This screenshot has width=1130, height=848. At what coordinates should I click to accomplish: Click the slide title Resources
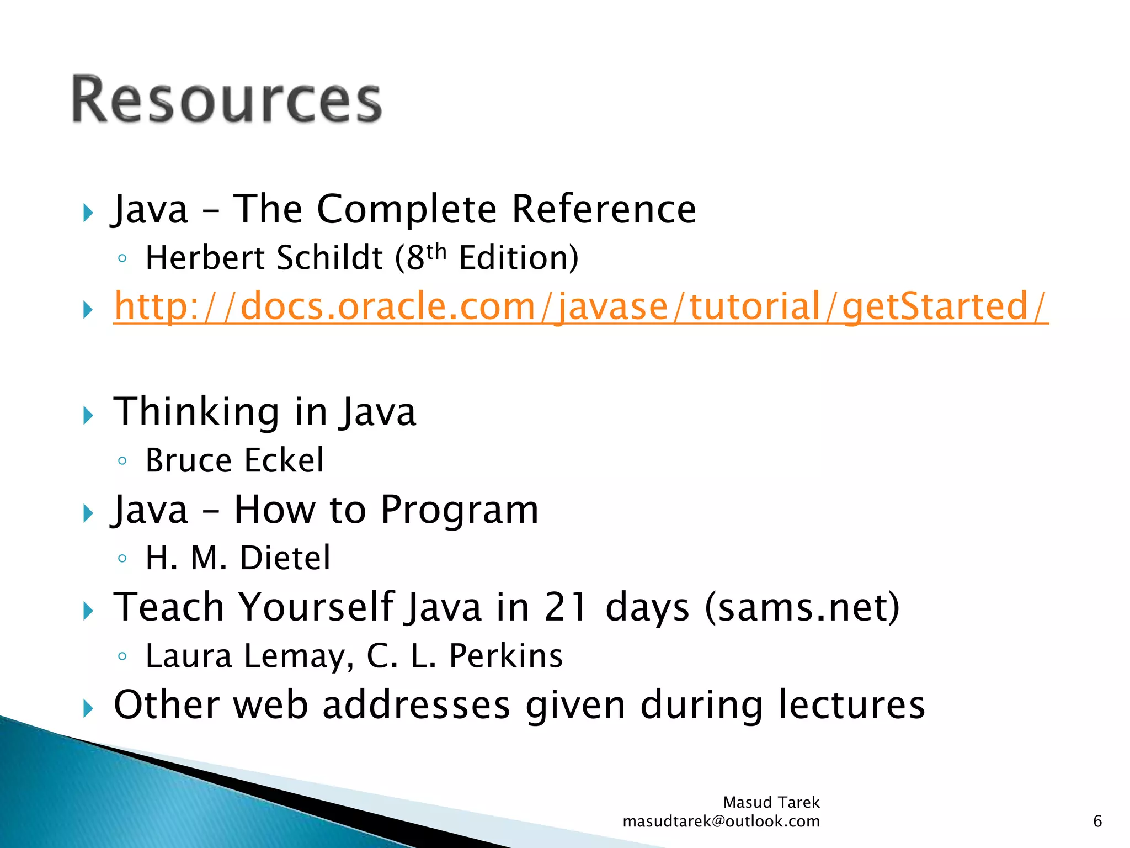(x=226, y=100)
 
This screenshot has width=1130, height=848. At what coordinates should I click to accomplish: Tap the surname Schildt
(x=329, y=258)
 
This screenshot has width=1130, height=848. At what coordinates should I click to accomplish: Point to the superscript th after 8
(x=436, y=251)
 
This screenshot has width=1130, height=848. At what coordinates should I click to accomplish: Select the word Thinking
(x=196, y=412)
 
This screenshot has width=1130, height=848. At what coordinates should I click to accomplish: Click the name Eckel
(x=284, y=460)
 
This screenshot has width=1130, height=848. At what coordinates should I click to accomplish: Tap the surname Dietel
(x=285, y=558)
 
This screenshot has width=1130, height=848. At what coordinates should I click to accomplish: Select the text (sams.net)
(x=802, y=607)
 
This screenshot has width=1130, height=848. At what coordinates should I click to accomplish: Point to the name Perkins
(x=505, y=656)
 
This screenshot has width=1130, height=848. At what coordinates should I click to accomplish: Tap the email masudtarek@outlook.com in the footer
(x=721, y=821)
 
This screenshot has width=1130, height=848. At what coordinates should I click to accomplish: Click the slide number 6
(x=1097, y=821)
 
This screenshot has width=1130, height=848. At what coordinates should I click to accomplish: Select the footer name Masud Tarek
(x=771, y=802)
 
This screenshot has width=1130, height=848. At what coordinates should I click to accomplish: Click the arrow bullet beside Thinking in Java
(x=88, y=415)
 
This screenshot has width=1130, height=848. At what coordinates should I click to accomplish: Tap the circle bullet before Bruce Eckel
(x=122, y=460)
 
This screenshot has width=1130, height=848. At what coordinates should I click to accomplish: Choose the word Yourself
(x=317, y=607)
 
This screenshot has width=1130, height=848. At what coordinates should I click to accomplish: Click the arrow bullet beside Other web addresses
(x=88, y=708)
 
